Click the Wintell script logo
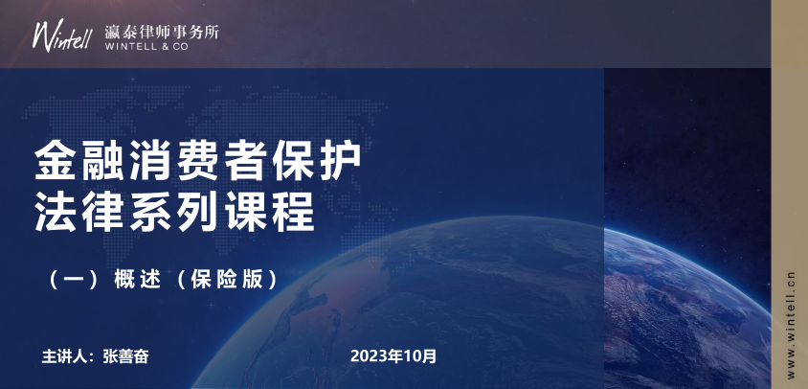tap(64, 34)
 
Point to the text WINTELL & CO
tap(146, 45)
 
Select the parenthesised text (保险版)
tap(229, 282)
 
